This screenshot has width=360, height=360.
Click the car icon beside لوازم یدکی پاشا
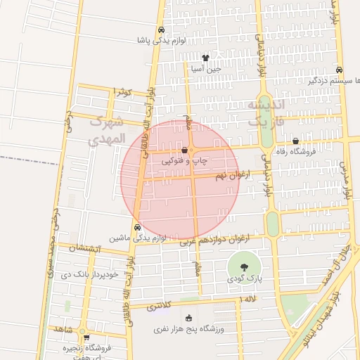[x=162, y=30]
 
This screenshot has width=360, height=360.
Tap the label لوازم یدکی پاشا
[x=162, y=41]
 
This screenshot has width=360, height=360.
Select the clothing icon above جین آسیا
[x=205, y=58]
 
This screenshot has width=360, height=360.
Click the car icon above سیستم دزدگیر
[x=340, y=70]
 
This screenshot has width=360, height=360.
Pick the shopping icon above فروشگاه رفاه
[x=295, y=141]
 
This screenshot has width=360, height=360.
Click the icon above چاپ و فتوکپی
[x=185, y=150]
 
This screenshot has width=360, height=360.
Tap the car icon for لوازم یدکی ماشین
[x=137, y=228]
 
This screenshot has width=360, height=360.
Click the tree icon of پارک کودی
[x=243, y=267]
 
